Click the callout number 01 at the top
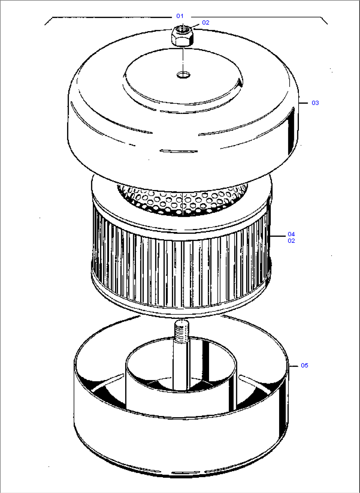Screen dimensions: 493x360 coord(180,16)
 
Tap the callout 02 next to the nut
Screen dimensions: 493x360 coord(205,22)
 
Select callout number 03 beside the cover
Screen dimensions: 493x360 coord(315,103)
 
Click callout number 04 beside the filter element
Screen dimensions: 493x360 coord(291,234)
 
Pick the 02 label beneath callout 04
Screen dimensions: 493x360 coord(291,241)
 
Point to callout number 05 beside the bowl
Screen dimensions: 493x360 coord(304,365)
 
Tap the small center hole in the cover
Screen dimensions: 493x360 coord(183,74)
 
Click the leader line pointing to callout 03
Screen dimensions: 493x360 coord(304,103)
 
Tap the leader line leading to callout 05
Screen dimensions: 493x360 coord(294,366)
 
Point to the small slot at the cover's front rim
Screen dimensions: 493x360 coord(179,151)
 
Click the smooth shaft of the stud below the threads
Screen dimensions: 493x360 coord(181,363)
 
